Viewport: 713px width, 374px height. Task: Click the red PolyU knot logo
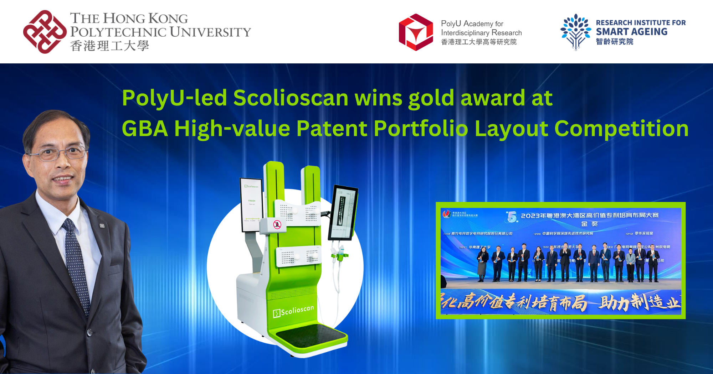tap(45, 32)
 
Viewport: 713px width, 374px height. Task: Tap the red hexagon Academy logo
tap(416, 32)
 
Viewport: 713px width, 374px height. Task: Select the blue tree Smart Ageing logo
tap(575, 32)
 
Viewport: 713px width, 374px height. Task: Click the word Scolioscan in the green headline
tap(291, 98)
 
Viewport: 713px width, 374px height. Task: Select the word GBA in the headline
tap(145, 129)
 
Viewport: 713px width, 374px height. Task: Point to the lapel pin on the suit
tap(102, 226)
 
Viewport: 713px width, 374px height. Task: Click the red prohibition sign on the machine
tap(277, 224)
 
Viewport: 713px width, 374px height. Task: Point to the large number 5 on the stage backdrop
tap(512, 217)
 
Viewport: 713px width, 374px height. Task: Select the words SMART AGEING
tap(632, 32)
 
